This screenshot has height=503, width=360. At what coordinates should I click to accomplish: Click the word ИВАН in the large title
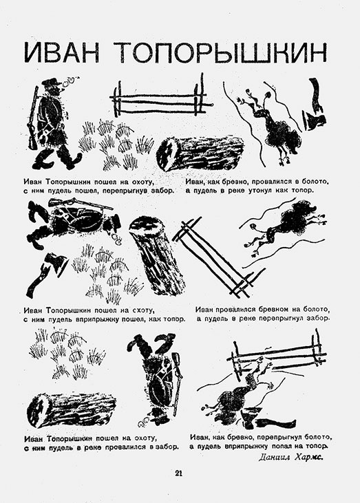point(62,52)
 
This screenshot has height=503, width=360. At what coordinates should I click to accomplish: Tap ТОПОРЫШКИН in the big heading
point(222,52)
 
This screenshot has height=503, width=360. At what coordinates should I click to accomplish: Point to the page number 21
point(179,473)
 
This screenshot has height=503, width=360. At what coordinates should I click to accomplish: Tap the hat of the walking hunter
point(51,82)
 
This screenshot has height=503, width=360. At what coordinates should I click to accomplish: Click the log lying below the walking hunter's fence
point(200,152)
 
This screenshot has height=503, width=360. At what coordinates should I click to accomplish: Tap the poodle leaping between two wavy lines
point(286,228)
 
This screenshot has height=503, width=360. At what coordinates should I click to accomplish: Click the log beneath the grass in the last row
point(71,408)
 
